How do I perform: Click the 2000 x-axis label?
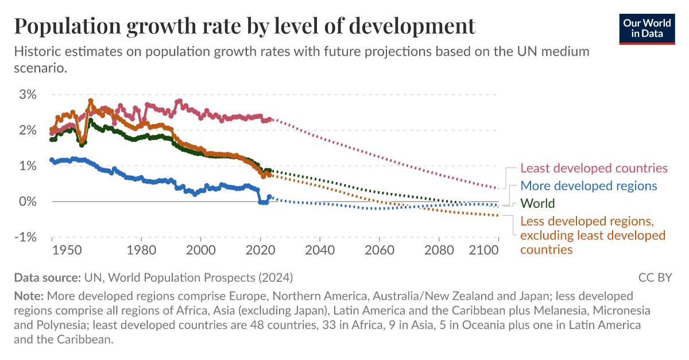[200, 250]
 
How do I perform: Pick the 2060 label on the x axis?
[380, 250]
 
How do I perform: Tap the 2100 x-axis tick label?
[483, 250]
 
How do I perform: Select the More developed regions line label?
[589, 185]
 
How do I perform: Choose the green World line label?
[537, 203]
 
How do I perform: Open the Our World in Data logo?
[647, 27]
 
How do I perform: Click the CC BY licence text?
[655, 277]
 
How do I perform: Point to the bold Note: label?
[29, 296]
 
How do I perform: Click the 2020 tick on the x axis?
[260, 250]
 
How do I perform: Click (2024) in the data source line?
[275, 277]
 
